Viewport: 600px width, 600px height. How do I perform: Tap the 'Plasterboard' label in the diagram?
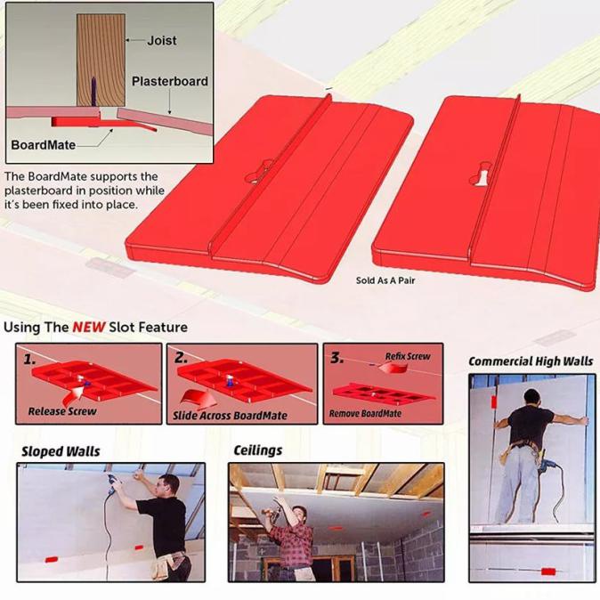point(170,81)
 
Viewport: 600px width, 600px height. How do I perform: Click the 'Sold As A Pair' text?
point(385,280)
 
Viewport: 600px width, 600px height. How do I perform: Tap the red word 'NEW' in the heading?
point(89,327)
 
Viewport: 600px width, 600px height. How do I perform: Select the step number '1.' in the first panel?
point(30,359)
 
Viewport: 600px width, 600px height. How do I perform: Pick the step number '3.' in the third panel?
point(336,358)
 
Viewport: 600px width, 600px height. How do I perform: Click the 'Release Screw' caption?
point(62,411)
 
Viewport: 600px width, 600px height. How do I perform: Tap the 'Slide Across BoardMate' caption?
point(230,416)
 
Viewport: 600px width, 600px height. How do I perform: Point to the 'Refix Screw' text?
point(408,356)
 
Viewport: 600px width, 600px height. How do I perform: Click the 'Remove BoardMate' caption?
point(365,413)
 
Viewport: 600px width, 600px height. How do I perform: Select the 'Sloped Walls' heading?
point(61,451)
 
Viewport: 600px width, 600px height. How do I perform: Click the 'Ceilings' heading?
point(258,450)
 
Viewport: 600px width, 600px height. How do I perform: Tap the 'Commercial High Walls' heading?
point(531,361)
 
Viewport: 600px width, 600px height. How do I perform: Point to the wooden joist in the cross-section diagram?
point(104,53)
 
